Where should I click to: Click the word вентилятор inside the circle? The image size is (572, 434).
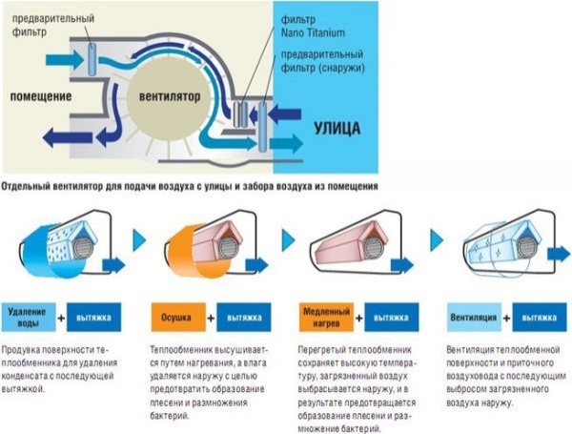176,96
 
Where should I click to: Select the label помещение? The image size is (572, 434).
41,96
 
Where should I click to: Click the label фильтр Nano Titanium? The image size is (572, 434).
311,26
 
